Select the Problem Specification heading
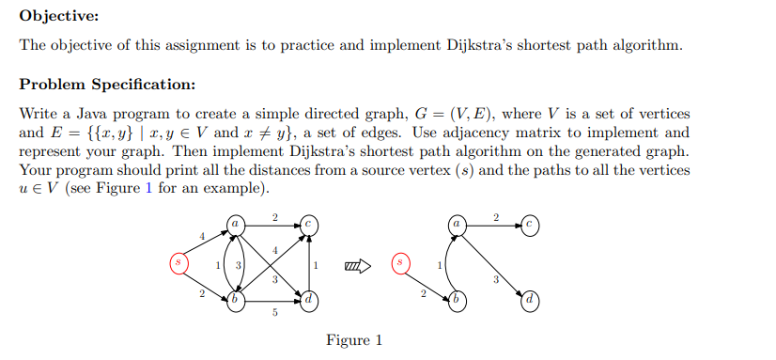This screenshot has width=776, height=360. click(107, 85)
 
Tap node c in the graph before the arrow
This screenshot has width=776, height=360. click(309, 225)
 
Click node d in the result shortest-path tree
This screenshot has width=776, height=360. click(531, 302)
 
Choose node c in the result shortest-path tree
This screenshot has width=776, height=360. click(531, 225)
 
